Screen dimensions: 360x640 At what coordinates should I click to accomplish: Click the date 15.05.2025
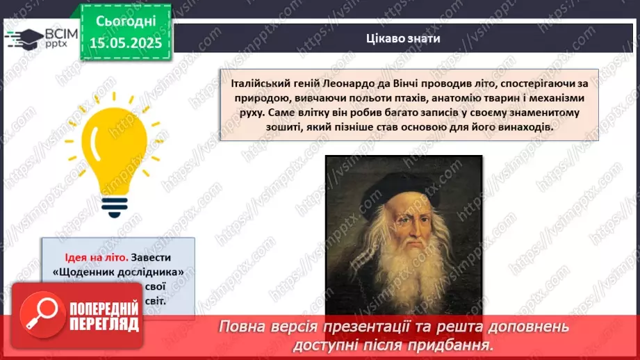125,42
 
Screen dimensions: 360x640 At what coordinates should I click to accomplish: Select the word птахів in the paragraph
376,98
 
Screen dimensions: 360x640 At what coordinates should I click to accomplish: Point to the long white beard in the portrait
410,264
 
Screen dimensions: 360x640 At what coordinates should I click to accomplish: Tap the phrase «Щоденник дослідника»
118,272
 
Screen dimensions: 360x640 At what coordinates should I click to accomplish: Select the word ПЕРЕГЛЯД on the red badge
105,324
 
